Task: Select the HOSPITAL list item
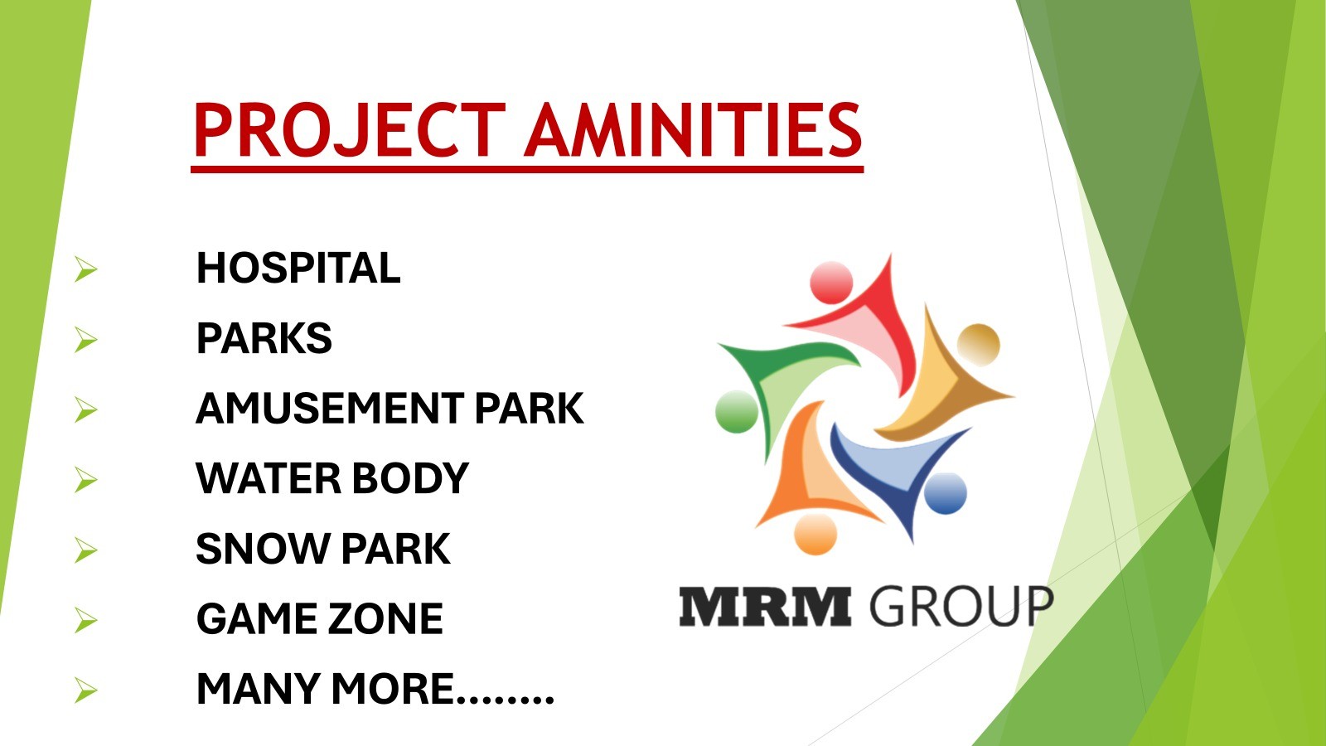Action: pos(298,268)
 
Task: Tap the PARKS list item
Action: pos(264,338)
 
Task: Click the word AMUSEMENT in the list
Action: pos(330,409)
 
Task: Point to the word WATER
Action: pos(269,478)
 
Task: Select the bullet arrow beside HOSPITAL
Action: pos(86,269)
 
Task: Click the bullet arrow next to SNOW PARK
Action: pos(86,550)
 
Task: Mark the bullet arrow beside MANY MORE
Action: pos(86,690)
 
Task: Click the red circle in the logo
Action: pos(831,283)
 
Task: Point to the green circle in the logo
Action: pos(737,411)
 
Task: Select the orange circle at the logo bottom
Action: pos(815,534)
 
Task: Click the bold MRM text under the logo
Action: pos(765,606)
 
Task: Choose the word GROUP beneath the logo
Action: pos(962,606)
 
